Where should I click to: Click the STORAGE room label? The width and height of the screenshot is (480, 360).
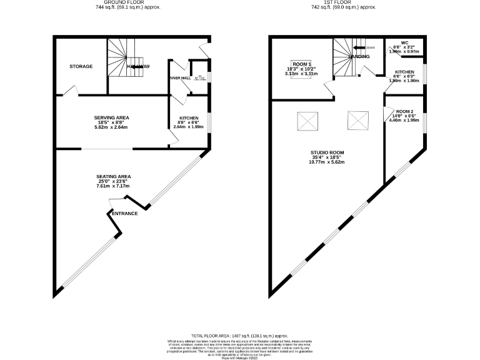tap(81, 66)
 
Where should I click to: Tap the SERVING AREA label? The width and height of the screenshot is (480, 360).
tap(111, 117)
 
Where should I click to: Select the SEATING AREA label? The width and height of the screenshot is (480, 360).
tap(113, 176)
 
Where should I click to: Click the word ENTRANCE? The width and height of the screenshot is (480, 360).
tap(124, 214)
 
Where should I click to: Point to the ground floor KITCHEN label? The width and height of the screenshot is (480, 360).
tap(189, 117)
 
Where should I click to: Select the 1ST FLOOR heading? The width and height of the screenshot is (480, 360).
tap(345, 2)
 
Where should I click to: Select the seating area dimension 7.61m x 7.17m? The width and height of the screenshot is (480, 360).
tap(113, 186)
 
